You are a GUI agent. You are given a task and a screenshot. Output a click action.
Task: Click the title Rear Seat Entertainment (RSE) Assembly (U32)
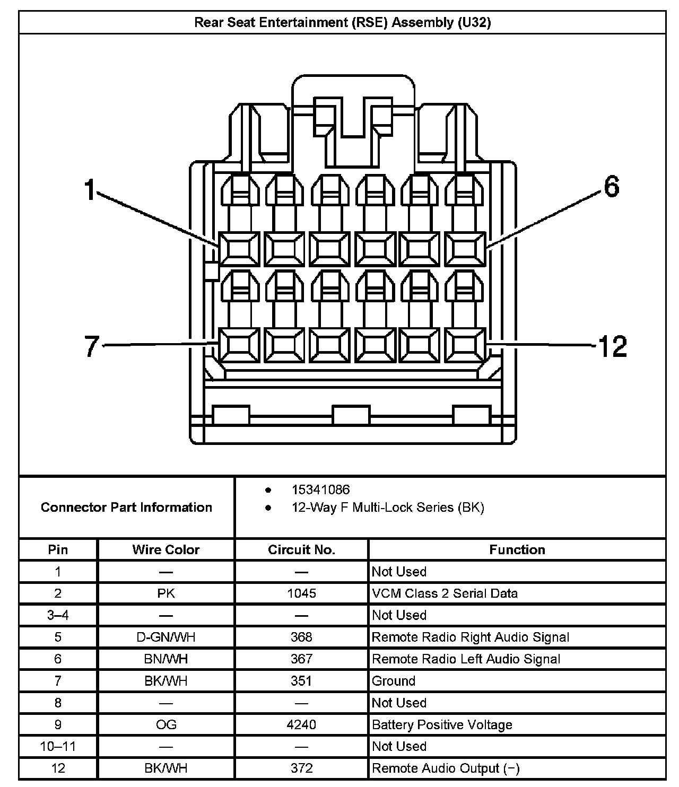(x=342, y=22)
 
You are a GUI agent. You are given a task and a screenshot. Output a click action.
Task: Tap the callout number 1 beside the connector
(x=90, y=190)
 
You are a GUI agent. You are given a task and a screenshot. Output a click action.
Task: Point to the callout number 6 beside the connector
(x=611, y=187)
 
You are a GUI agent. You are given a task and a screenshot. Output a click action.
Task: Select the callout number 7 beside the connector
(x=92, y=346)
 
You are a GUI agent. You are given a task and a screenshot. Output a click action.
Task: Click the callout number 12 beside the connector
(x=612, y=346)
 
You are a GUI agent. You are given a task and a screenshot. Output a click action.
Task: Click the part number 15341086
(x=320, y=489)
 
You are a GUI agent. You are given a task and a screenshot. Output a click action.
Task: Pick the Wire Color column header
(x=166, y=549)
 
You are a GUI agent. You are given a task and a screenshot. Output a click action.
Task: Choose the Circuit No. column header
(x=301, y=549)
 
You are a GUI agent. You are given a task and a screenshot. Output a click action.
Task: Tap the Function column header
(x=517, y=549)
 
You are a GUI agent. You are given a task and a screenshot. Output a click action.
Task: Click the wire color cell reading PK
(x=166, y=593)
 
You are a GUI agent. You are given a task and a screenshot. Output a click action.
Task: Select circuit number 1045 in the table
(x=301, y=593)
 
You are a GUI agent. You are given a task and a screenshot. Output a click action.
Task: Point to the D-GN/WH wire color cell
(x=166, y=637)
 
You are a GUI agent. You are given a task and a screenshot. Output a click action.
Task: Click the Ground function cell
(x=394, y=680)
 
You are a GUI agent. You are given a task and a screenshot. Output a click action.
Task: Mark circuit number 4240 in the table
(x=301, y=724)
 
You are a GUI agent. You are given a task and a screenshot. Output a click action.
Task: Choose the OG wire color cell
(x=166, y=724)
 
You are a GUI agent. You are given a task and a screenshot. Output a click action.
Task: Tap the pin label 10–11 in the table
(x=58, y=746)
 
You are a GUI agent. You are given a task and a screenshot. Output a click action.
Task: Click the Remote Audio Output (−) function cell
(x=446, y=768)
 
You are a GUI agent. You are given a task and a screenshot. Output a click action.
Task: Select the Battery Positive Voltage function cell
(x=442, y=724)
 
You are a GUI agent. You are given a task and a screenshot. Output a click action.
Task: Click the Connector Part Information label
(x=126, y=507)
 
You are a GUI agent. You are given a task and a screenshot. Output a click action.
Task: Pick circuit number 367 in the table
(x=301, y=659)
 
